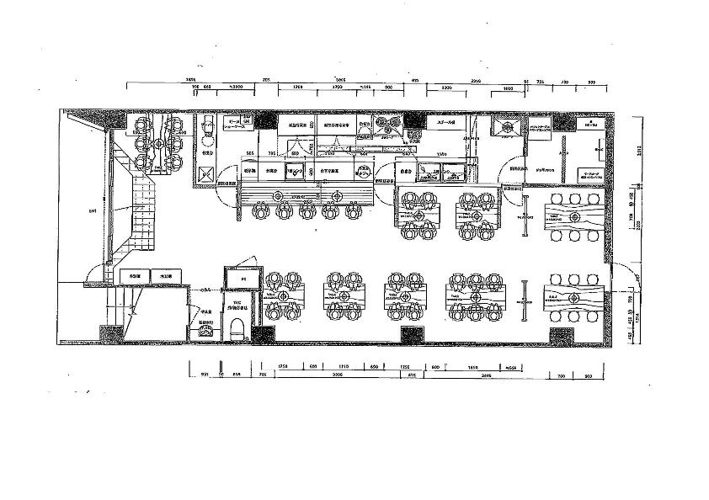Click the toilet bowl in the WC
pos(237,327)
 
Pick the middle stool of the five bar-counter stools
pos(305,211)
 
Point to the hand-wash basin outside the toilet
pos(205,332)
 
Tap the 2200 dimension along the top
pos(445,88)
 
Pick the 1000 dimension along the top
pos(508,88)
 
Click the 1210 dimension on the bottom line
pos(344,367)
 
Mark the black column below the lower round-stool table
pos(561,335)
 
